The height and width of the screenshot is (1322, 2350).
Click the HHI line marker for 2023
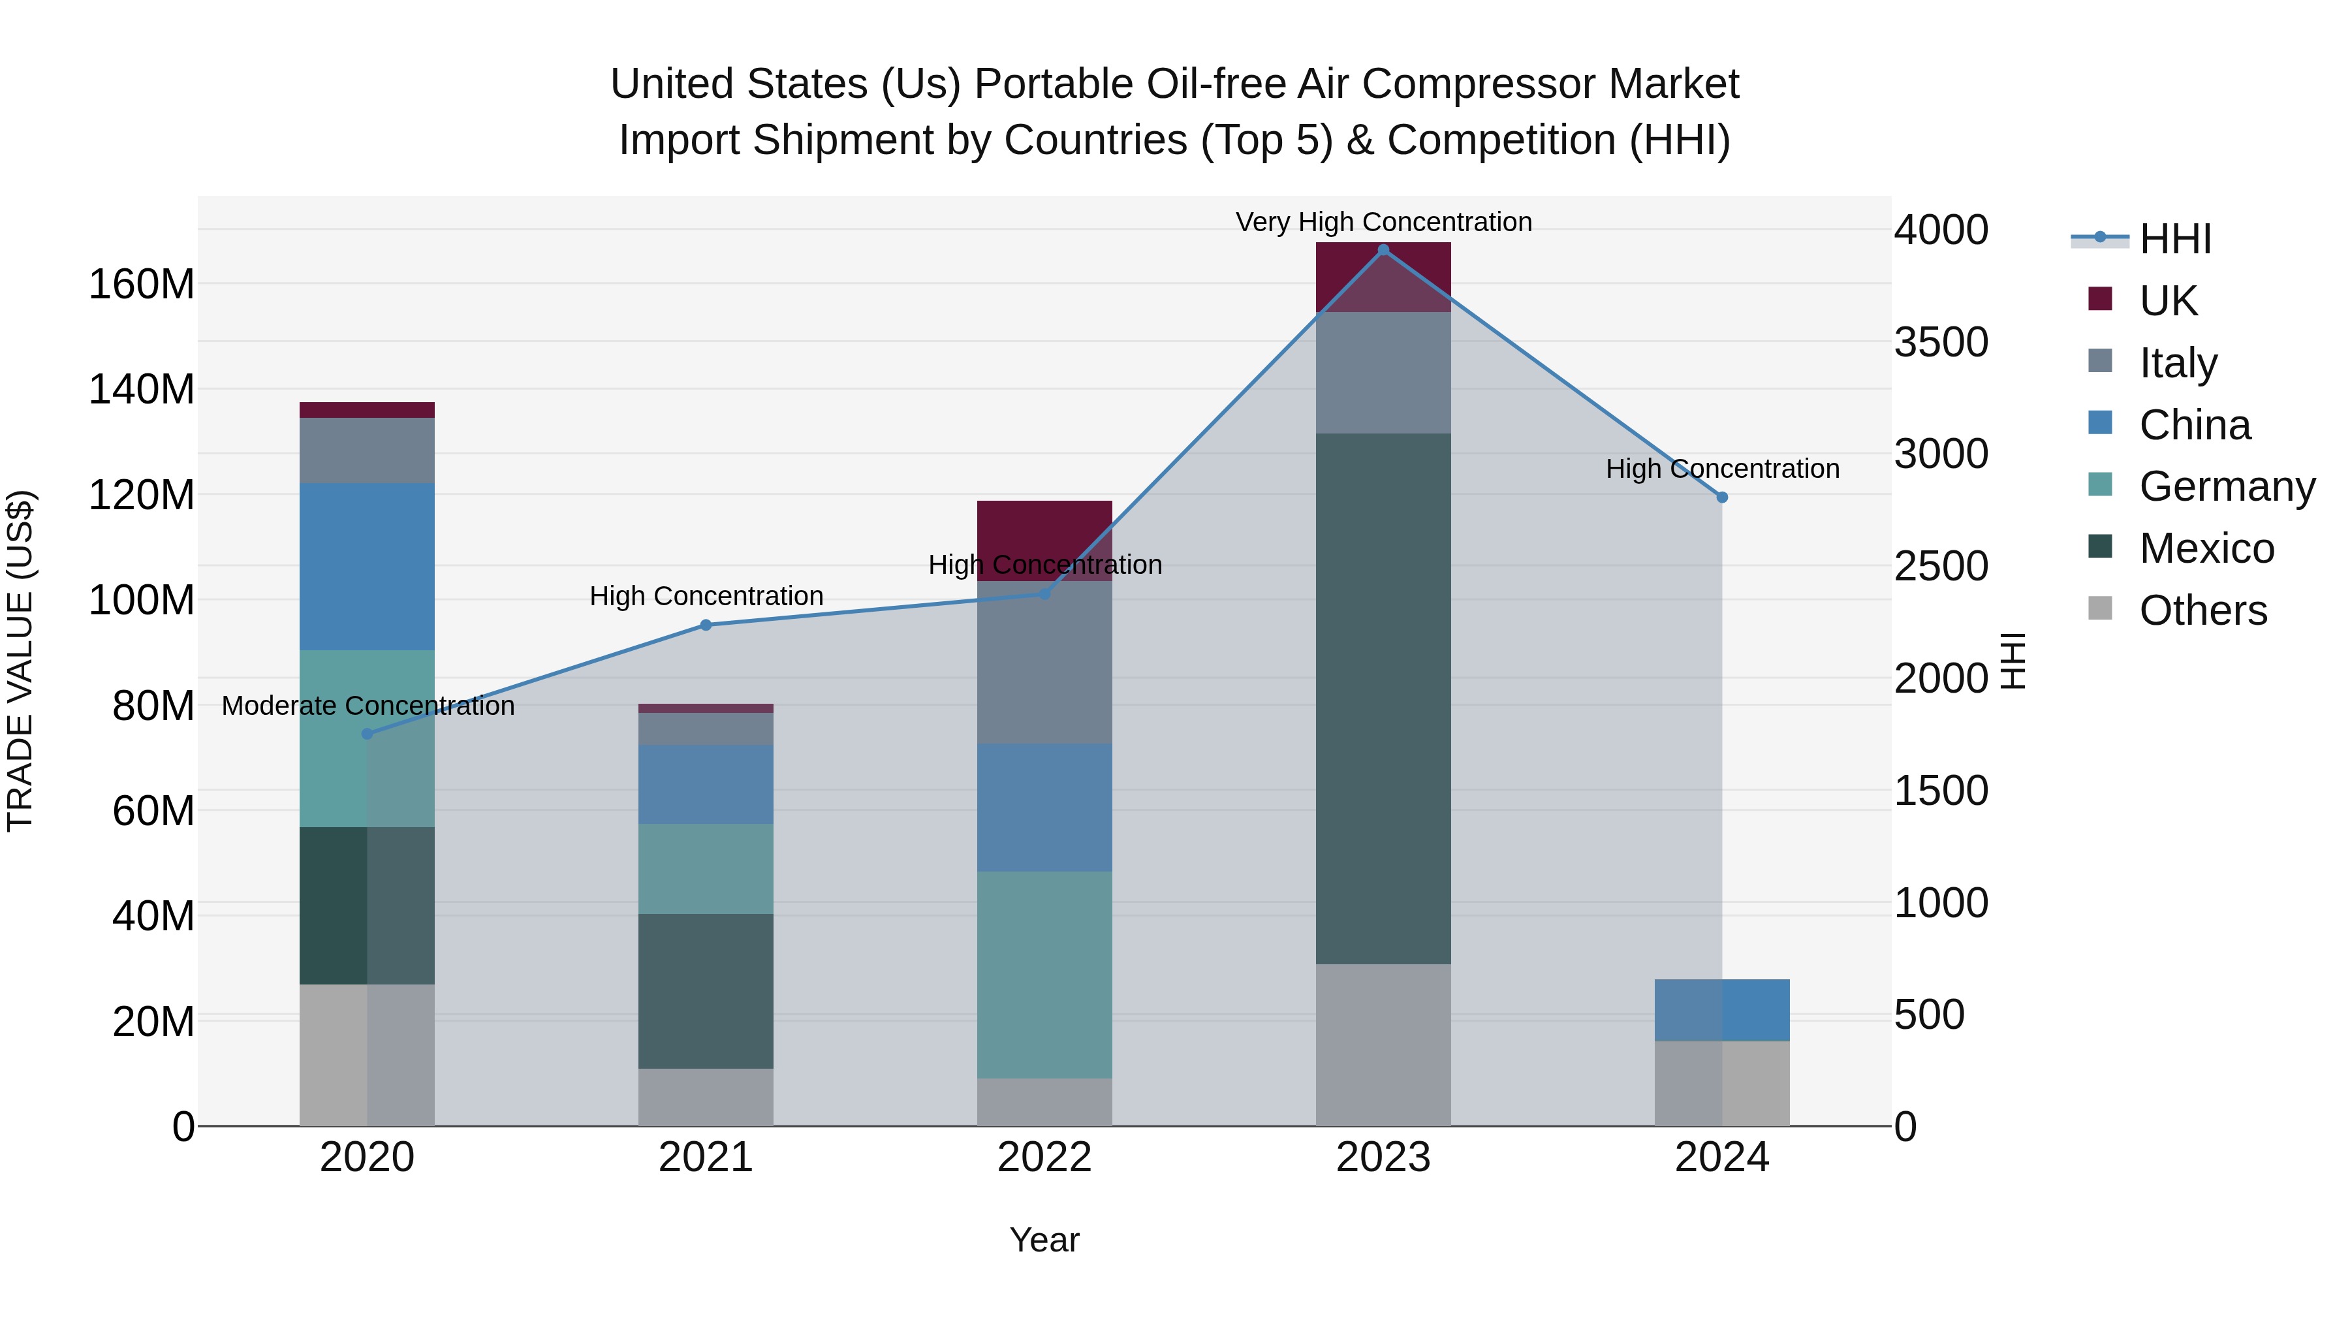(x=1383, y=250)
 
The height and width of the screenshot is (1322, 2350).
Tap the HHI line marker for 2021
(x=705, y=625)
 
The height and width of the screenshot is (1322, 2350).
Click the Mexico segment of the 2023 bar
(x=1383, y=698)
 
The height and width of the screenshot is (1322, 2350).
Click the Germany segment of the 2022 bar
(x=1044, y=975)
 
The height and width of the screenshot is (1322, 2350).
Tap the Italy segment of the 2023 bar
(x=1383, y=372)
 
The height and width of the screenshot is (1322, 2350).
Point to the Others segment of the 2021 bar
(x=705, y=1097)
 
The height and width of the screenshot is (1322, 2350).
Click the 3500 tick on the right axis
(x=1941, y=342)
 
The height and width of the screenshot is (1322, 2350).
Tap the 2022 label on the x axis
(x=1044, y=1157)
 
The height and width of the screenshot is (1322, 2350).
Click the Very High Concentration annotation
(x=1383, y=222)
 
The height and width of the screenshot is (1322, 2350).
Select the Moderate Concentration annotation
(x=368, y=705)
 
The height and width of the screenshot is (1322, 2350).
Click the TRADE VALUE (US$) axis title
(x=20, y=661)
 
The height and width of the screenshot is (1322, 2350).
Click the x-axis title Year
(x=1044, y=1240)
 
